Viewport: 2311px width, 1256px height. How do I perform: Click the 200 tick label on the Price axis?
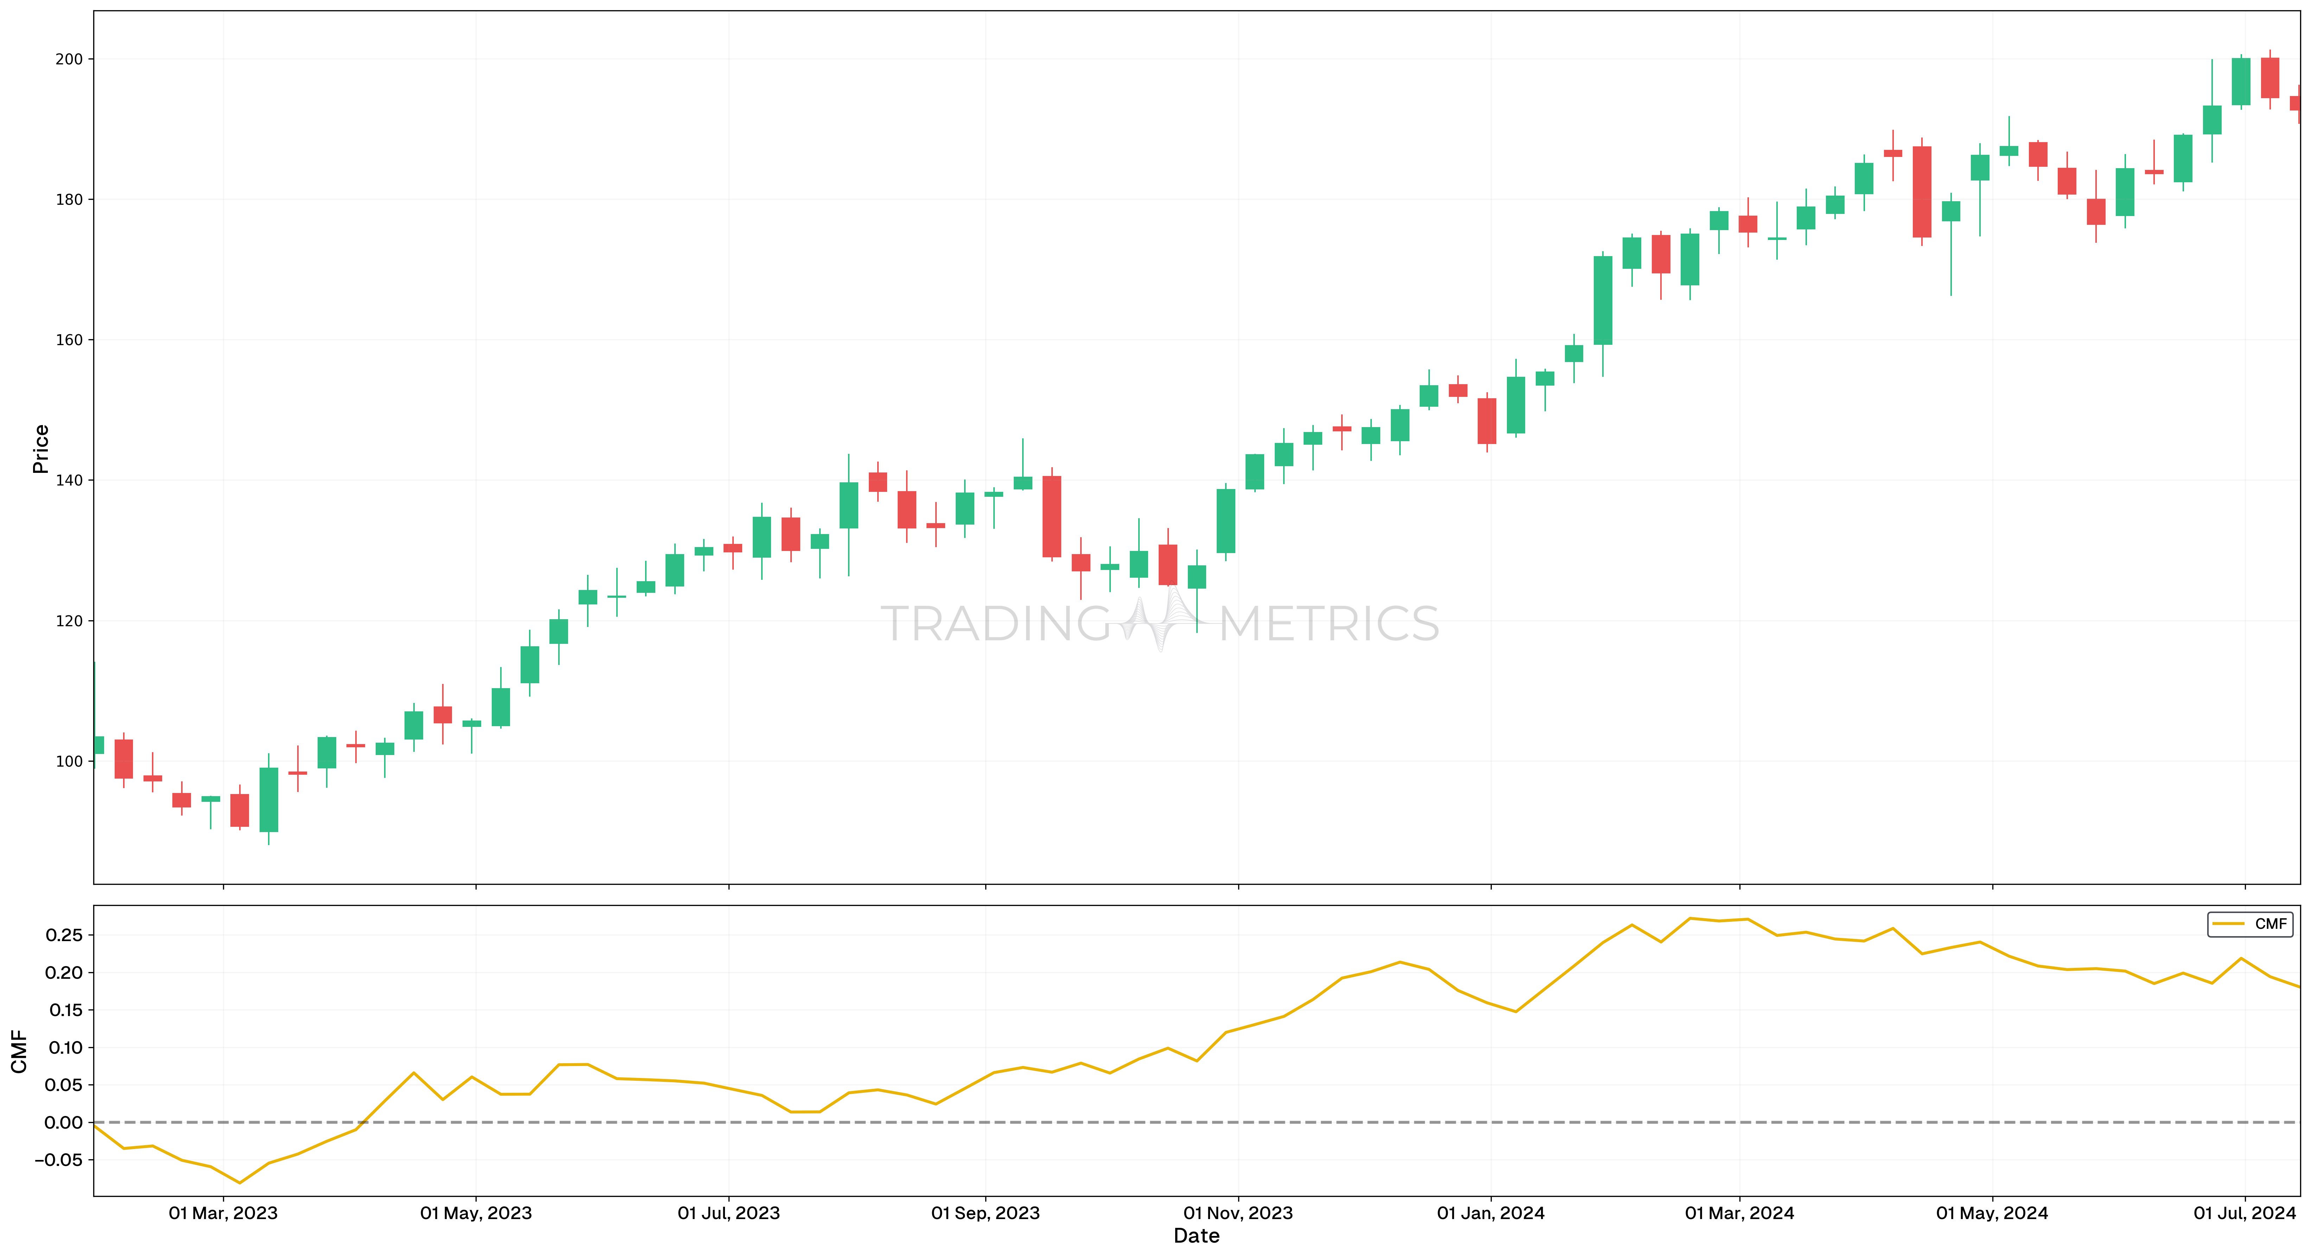pyautogui.click(x=69, y=59)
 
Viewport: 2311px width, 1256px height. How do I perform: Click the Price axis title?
pyautogui.click(x=40, y=449)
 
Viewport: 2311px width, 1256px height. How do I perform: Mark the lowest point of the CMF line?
pyautogui.click(x=240, y=1182)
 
